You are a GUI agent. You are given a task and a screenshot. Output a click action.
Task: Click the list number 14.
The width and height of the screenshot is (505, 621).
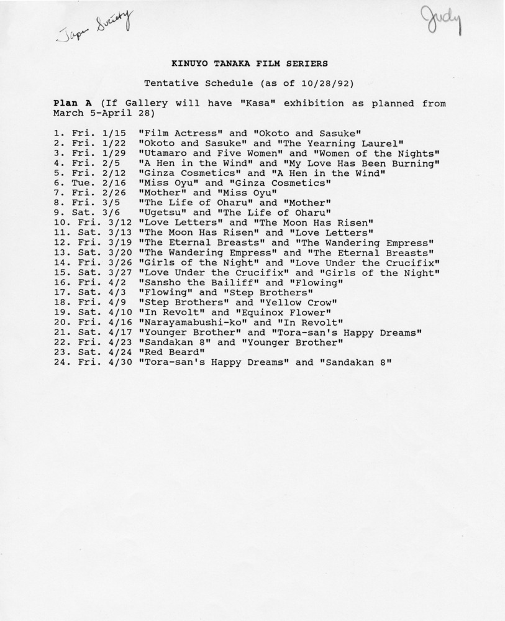pos(61,263)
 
